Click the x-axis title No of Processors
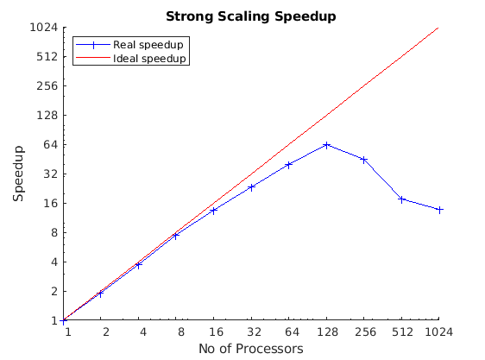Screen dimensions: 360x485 click(x=250, y=349)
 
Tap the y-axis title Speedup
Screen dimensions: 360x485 click(x=19, y=174)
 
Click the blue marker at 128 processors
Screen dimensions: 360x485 click(x=326, y=145)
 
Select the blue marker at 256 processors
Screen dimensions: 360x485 click(x=364, y=160)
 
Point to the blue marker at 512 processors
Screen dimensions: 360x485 click(x=401, y=199)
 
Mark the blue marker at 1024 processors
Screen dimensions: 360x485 click(x=439, y=210)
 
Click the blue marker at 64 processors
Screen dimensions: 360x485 click(x=289, y=164)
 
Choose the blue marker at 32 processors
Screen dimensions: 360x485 click(x=251, y=186)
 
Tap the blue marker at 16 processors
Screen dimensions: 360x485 click(x=213, y=211)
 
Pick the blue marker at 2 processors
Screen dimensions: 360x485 click(x=100, y=294)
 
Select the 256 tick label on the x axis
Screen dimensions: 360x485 click(x=364, y=332)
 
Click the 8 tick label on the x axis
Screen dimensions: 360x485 click(x=176, y=332)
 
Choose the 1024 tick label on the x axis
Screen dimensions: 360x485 click(x=439, y=332)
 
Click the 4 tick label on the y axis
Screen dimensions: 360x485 click(x=54, y=262)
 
